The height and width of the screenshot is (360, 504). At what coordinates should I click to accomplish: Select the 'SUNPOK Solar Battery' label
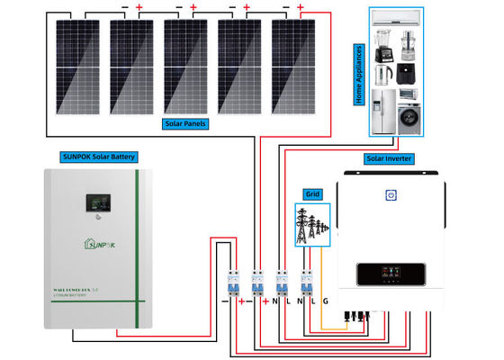tap(98, 157)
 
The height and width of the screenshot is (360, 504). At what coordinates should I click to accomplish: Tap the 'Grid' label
tap(312, 193)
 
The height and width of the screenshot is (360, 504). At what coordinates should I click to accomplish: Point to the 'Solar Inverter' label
tap(389, 158)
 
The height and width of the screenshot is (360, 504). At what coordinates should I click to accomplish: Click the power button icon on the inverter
tap(391, 194)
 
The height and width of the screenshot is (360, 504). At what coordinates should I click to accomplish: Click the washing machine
tap(407, 116)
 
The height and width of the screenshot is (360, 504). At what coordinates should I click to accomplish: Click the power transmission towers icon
tap(312, 221)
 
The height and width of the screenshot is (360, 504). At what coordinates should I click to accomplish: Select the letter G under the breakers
tap(326, 299)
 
